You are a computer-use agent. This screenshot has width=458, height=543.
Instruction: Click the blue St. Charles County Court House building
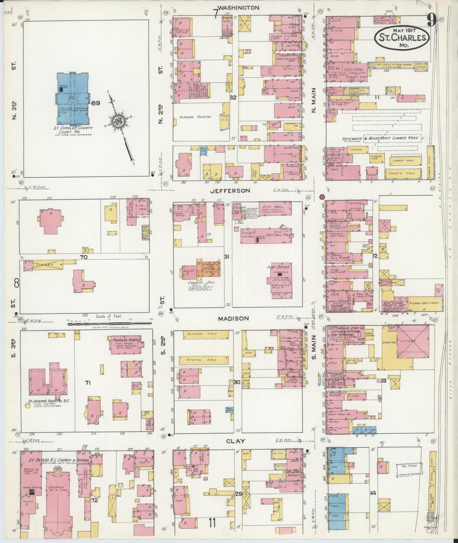click(73, 99)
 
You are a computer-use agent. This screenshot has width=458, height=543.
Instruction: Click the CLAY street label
click(236, 441)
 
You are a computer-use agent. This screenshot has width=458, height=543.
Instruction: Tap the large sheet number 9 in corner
click(431, 21)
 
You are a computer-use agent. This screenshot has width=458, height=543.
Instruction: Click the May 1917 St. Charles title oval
click(402, 37)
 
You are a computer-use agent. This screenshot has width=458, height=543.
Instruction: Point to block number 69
click(96, 103)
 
